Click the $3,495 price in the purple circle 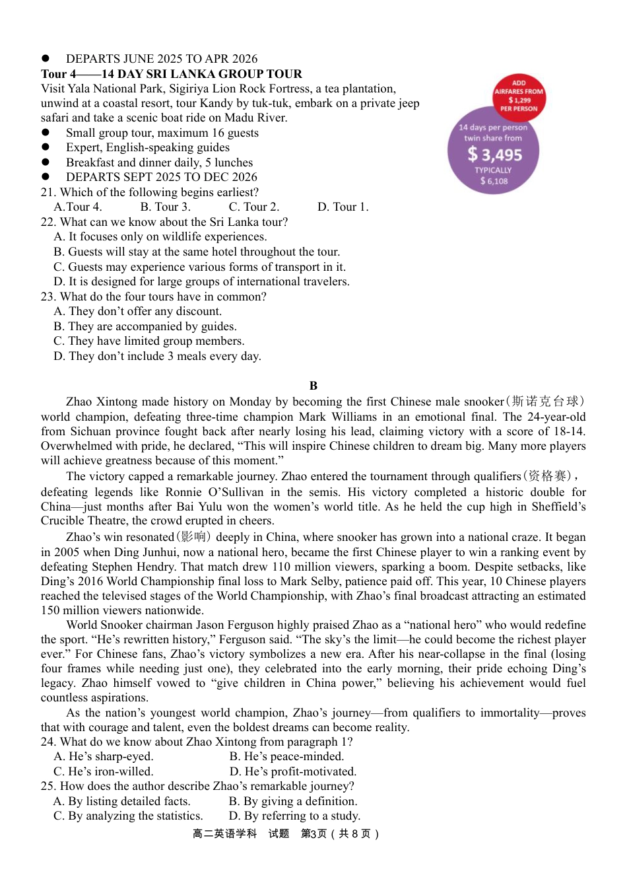point(494,155)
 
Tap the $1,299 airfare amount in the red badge point(519,100)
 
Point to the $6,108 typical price point(494,181)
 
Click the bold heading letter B point(313,386)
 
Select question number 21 point(48,192)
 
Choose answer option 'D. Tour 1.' point(343,207)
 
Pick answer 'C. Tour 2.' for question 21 point(254,207)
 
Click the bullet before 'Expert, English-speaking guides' point(46,148)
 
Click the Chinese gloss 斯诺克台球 point(545,402)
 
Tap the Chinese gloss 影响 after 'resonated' point(193,537)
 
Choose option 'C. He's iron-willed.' point(103,771)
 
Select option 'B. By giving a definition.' point(293,801)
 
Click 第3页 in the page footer point(313,834)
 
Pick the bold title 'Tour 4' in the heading point(59,74)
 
